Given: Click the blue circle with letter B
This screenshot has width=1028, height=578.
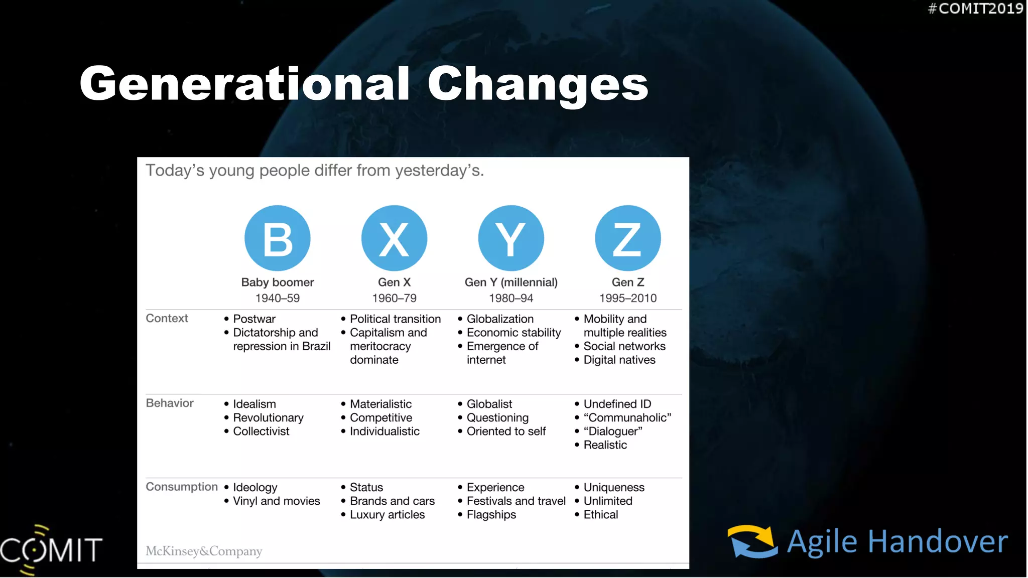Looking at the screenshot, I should tap(277, 238).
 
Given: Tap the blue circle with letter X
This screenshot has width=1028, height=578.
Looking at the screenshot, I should tap(394, 238).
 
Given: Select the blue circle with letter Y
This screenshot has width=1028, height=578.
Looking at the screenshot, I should tap(511, 238).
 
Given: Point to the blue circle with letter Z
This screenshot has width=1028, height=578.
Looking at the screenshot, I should tap(627, 238).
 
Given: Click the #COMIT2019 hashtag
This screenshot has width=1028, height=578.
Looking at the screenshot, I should tap(975, 9).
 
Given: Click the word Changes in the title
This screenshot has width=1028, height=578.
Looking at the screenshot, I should tap(538, 84).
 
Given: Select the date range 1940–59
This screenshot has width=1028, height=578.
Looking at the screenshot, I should tap(277, 298).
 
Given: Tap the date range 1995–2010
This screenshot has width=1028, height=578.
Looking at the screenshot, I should tap(627, 298).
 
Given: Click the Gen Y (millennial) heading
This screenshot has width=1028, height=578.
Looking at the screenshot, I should tap(511, 282).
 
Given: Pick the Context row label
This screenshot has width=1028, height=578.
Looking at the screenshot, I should tap(167, 319).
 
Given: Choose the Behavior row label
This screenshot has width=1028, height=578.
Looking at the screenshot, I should tap(170, 403).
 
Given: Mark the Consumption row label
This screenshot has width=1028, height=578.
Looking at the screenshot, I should tap(182, 487).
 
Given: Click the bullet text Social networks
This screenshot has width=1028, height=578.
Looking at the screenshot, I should tap(624, 346).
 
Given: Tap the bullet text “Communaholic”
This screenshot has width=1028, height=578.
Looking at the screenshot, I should tap(627, 417).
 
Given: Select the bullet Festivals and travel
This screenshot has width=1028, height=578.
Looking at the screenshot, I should tap(516, 501).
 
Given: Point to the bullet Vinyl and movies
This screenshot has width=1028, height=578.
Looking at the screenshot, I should tap(276, 501).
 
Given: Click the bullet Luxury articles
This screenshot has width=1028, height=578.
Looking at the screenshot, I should tap(387, 515).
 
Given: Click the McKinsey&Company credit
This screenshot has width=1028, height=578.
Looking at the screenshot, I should tap(204, 551).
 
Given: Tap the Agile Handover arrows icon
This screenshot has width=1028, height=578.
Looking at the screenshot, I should tap(752, 541).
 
